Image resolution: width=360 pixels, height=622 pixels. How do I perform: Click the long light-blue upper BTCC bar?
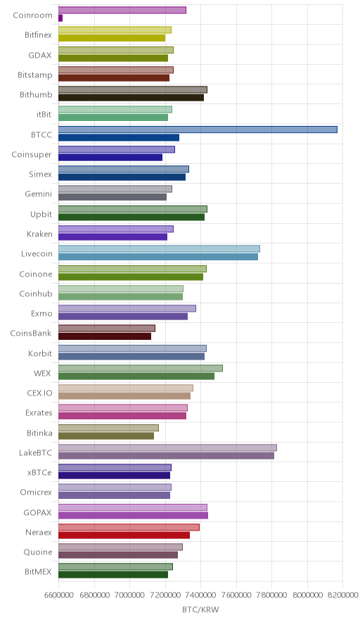click(198, 129)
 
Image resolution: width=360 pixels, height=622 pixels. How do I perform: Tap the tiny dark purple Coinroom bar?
click(60, 18)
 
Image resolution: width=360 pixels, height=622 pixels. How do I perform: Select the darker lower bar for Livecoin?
click(158, 257)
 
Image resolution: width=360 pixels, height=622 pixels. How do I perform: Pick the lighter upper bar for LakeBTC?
click(168, 448)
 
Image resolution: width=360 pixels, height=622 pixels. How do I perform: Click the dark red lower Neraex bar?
click(124, 535)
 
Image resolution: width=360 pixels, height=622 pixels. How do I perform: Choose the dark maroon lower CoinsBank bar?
click(105, 336)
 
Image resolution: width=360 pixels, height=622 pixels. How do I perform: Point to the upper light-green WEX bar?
click(141, 368)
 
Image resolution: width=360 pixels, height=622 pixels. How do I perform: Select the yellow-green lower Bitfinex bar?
click(112, 38)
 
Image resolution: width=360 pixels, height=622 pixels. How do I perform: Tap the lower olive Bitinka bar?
click(106, 436)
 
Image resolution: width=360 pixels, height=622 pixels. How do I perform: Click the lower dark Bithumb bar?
click(131, 98)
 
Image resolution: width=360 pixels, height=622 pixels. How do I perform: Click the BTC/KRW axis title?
click(200, 610)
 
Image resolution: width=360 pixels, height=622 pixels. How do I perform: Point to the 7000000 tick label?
click(129, 595)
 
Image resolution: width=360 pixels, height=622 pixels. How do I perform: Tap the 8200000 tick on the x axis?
click(342, 595)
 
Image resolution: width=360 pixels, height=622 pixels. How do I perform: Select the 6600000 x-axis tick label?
click(58, 595)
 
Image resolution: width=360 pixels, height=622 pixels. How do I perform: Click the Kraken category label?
click(39, 234)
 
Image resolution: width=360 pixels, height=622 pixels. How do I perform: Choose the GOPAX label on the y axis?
click(38, 512)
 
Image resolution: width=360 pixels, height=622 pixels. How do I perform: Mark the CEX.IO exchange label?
click(39, 393)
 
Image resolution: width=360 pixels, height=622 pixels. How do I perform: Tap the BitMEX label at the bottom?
click(38, 572)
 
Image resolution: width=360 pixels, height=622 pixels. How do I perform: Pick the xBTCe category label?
click(39, 472)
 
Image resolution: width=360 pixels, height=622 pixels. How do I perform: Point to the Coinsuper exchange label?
click(32, 155)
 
